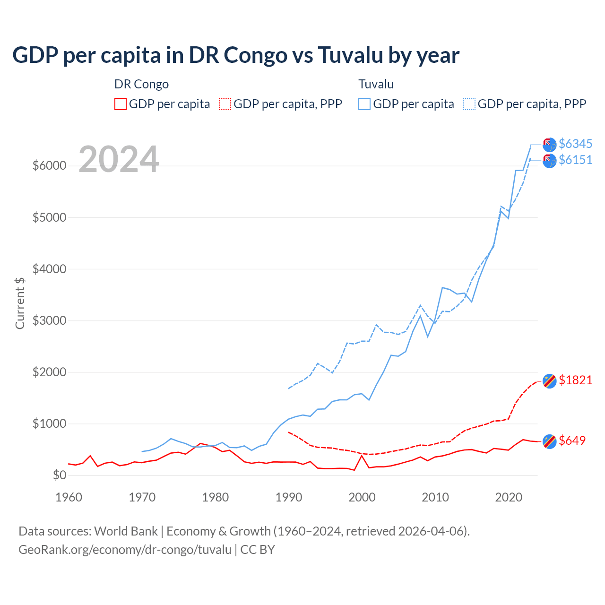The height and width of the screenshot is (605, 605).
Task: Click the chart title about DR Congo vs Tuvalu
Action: point(235,55)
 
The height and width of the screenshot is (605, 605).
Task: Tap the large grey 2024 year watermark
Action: point(119,159)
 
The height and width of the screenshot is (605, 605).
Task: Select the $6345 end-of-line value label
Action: point(575,144)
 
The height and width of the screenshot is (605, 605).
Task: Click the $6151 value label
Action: point(575,160)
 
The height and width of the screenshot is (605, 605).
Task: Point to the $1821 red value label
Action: point(575,380)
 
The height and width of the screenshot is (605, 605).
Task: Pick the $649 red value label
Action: point(572,441)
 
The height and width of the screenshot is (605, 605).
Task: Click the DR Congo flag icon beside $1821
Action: point(549,380)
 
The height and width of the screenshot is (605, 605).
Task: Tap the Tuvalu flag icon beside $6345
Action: point(549,145)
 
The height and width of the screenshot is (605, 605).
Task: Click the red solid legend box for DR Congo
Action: point(121,104)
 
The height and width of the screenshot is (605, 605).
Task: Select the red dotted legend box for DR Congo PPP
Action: point(225,104)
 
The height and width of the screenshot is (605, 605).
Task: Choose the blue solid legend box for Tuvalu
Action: point(364,104)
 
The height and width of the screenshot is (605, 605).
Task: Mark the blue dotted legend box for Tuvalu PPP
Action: point(469,104)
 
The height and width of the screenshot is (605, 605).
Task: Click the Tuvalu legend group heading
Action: point(376,84)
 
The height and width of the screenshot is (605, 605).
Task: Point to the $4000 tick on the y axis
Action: point(49,269)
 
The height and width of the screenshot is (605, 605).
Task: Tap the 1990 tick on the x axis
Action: point(288,497)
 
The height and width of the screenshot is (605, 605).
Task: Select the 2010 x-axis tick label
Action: point(435,497)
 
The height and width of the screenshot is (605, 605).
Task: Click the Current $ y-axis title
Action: point(20,303)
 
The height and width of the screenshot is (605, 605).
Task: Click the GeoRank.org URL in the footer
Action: point(125,550)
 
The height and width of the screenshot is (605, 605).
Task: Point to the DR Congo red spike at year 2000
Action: point(362,456)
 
